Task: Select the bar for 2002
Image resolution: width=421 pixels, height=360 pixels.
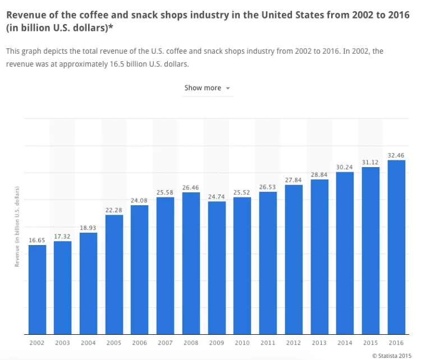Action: click(x=37, y=289)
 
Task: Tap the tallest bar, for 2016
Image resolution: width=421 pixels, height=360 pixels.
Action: click(x=396, y=247)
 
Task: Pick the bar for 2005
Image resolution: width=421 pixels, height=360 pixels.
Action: click(x=114, y=274)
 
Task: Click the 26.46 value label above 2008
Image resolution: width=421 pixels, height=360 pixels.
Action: click(x=191, y=187)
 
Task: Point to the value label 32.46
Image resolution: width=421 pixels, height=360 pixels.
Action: click(x=396, y=155)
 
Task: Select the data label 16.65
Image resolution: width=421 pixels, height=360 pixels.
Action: click(x=37, y=240)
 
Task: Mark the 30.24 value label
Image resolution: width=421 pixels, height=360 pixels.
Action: click(x=345, y=167)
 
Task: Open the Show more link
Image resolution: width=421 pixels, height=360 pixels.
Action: click(x=203, y=88)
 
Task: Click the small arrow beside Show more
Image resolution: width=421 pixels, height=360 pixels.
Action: click(x=228, y=89)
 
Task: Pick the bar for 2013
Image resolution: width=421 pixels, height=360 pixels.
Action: click(x=319, y=256)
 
